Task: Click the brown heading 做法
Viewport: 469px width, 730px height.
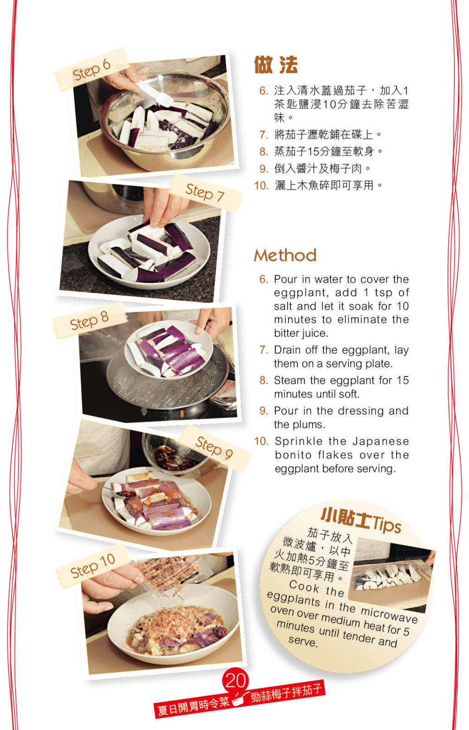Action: click(276, 65)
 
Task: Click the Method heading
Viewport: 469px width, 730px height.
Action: click(285, 255)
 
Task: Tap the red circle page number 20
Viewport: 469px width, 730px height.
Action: click(235, 680)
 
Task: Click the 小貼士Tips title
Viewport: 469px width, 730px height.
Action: click(360, 520)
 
